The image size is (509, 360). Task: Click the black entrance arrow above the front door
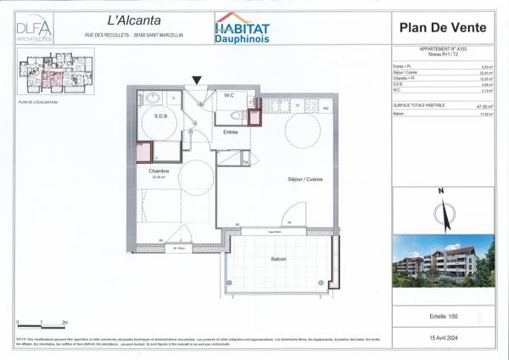(197, 80)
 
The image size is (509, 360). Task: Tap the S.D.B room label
(159, 115)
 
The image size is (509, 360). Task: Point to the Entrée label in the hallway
(230, 132)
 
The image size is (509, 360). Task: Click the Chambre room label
(159, 171)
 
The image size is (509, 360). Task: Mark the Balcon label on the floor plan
(279, 259)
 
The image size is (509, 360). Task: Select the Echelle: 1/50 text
(440, 317)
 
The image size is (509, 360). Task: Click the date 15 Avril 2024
(440, 337)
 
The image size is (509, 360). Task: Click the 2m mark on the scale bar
(65, 323)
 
